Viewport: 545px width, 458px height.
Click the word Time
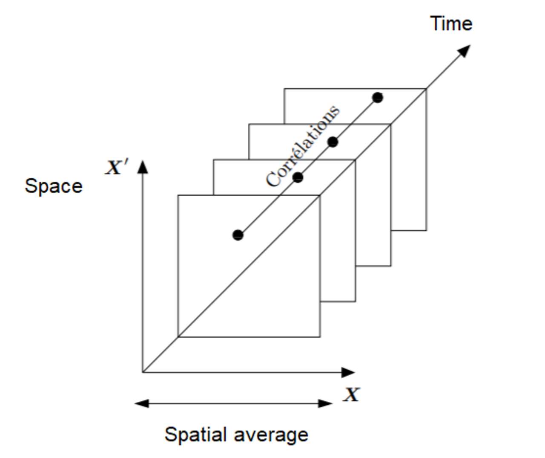[451, 24]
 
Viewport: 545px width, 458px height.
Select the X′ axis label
[117, 167]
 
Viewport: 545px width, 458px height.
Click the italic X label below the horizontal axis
[352, 395]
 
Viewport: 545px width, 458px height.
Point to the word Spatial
[195, 435]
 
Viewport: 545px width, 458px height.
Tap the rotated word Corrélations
[303, 146]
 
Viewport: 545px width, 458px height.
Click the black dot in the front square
[238, 235]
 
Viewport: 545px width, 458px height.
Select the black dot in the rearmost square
[378, 98]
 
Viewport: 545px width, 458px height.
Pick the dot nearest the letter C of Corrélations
[298, 177]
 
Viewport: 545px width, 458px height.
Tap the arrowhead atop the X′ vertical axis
[143, 167]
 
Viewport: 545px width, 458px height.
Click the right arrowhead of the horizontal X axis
[348, 372]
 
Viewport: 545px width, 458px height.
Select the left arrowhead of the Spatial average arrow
[142, 403]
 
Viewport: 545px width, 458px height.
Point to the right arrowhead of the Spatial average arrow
[325, 403]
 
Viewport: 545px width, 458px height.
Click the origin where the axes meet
[143, 372]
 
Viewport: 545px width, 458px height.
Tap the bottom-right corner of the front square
[320, 337]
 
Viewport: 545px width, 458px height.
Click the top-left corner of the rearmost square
[284, 89]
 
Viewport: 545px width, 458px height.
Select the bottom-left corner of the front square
[178, 337]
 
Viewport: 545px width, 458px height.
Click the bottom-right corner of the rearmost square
[427, 231]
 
